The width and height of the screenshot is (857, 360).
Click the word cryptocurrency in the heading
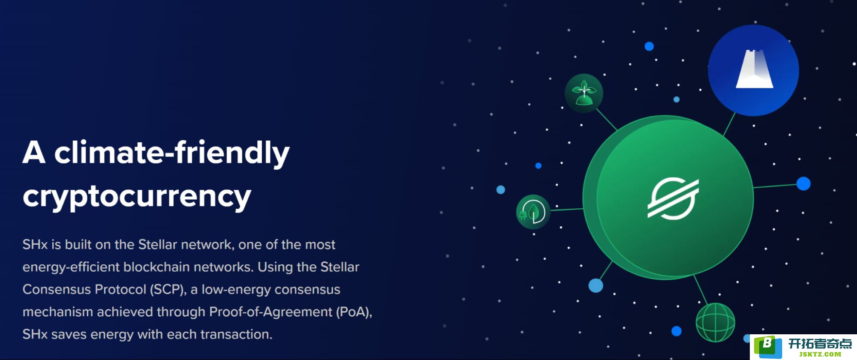click(137, 197)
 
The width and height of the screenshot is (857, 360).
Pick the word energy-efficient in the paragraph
click(71, 267)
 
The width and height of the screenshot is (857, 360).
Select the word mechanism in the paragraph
click(58, 312)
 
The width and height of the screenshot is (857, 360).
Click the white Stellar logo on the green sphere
click(673, 198)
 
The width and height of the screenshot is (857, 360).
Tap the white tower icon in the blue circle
click(754, 69)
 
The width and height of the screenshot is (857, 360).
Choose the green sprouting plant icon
click(583, 93)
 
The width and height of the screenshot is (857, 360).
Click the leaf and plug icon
click(533, 212)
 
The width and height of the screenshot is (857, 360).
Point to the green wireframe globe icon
click(715, 322)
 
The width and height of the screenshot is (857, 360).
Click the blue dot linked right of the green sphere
click(803, 183)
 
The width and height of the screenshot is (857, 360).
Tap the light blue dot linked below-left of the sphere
click(595, 285)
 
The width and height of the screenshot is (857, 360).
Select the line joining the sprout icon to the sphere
click(606, 120)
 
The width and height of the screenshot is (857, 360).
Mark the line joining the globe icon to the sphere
click(701, 290)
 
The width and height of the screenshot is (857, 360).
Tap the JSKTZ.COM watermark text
click(820, 354)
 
